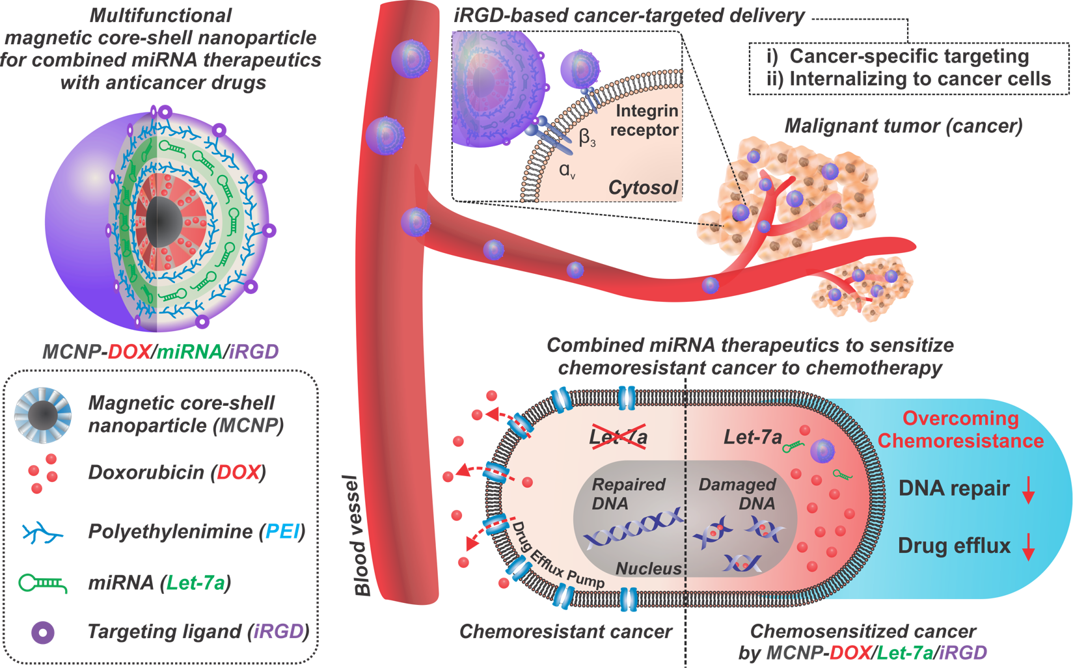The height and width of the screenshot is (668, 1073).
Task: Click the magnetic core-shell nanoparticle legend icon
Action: click(x=43, y=415)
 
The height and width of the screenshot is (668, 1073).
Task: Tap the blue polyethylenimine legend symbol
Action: click(x=43, y=533)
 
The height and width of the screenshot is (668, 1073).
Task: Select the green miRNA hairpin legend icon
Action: click(x=43, y=583)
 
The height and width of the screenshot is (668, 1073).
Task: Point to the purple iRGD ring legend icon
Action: click(x=43, y=632)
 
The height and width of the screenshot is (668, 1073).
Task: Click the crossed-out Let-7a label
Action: click(x=618, y=436)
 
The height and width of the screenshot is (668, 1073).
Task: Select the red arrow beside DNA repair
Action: click(x=1028, y=490)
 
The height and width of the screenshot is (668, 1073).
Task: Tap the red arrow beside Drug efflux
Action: click(x=1028, y=547)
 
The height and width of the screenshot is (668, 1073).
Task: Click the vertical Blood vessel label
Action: click(x=362, y=535)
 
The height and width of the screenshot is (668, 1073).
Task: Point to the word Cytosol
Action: click(x=643, y=187)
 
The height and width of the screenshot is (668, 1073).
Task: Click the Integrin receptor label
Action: click(x=645, y=120)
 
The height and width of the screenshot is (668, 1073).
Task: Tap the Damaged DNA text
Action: click(x=737, y=494)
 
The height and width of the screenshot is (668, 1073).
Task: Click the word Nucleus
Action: click(x=648, y=568)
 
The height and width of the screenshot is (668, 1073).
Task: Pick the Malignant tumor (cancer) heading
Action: click(x=903, y=126)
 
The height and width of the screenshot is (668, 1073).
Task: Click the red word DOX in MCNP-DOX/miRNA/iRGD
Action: click(x=129, y=352)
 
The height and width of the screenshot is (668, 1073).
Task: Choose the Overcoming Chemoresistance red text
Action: click(x=960, y=429)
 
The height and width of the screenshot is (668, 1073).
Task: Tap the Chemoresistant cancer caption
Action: click(x=565, y=632)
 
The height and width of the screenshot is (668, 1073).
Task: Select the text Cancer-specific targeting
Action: click(x=909, y=56)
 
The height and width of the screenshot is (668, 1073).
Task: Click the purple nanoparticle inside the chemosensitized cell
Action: click(x=822, y=451)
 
